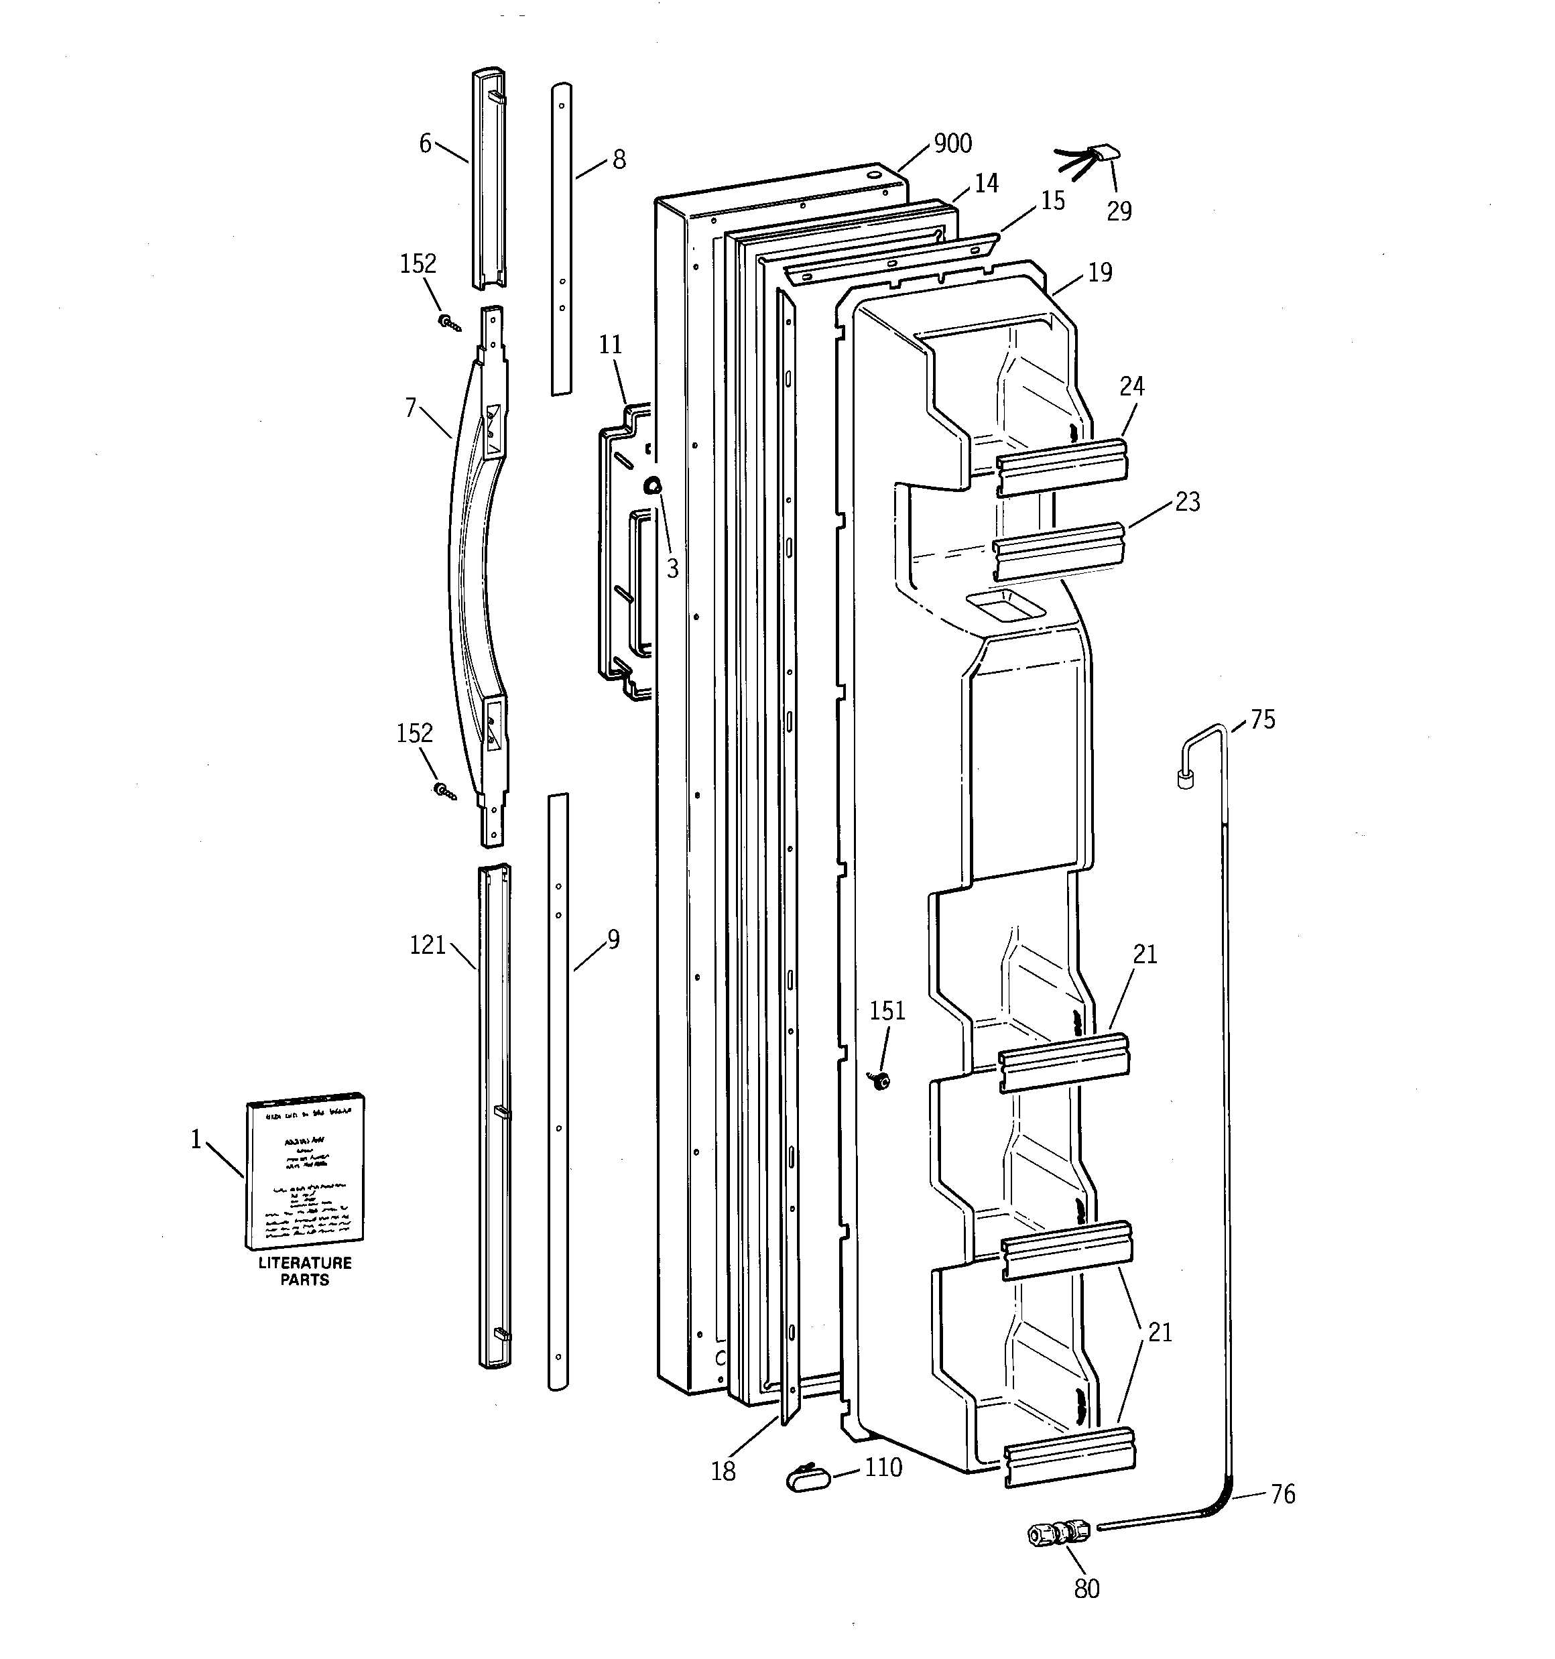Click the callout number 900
click(x=952, y=143)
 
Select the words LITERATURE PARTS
click(x=305, y=1272)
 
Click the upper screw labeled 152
click(x=449, y=323)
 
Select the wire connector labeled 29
click(x=1103, y=154)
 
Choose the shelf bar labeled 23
click(x=1058, y=551)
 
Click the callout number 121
click(x=428, y=946)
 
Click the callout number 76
click(x=1283, y=1493)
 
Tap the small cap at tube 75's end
click(x=1184, y=781)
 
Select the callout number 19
click(x=1100, y=272)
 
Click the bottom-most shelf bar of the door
click(x=1069, y=1455)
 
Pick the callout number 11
click(x=610, y=345)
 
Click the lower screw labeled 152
click(x=444, y=790)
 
